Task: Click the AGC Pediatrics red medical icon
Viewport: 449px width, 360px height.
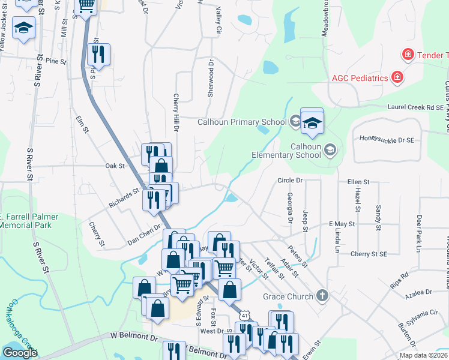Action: click(x=397, y=77)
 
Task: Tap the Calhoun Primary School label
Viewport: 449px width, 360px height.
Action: click(x=243, y=122)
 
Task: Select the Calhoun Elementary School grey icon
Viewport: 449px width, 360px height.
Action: click(x=330, y=149)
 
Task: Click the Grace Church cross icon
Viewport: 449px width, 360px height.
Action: click(x=322, y=296)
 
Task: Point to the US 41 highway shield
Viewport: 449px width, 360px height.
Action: click(x=243, y=314)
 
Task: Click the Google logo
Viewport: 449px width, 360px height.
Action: click(x=20, y=353)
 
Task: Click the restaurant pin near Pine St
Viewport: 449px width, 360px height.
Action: click(x=98, y=55)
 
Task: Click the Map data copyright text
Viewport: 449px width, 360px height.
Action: click(x=423, y=355)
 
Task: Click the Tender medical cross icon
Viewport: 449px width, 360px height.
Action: click(x=408, y=55)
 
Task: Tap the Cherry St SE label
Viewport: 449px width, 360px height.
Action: click(x=357, y=254)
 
